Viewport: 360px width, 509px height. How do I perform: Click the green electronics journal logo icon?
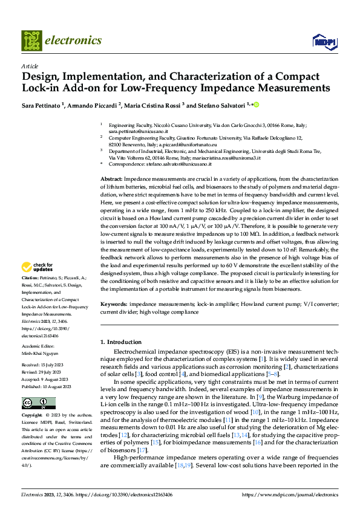click(x=32, y=41)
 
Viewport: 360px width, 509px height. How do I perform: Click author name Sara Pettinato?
click(x=44, y=105)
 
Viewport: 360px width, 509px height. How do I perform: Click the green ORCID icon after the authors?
click(x=256, y=105)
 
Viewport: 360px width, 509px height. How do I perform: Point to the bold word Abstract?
click(x=111, y=163)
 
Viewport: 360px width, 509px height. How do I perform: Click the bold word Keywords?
click(x=113, y=304)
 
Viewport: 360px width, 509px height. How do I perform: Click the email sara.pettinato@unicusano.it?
click(x=138, y=131)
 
